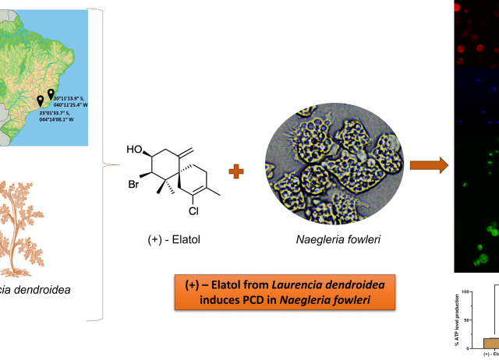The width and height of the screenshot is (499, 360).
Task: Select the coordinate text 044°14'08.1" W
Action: [x=57, y=120]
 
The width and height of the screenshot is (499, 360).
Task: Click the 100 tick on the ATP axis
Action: [x=465, y=292]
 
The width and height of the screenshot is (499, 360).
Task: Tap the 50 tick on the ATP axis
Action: [x=466, y=319]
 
